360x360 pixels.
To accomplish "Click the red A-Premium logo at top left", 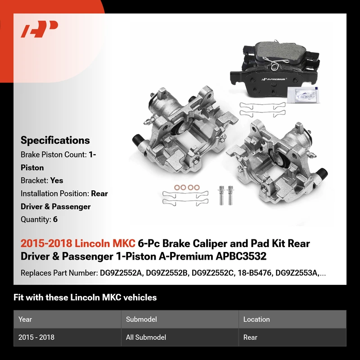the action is [x=39, y=29].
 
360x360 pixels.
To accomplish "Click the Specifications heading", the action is [x=55, y=140].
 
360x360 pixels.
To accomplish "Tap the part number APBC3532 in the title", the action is [x=241, y=256].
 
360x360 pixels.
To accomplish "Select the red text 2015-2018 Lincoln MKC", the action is [x=78, y=243].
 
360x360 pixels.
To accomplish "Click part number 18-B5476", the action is [x=254, y=273].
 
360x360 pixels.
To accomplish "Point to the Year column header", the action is [x=25, y=319].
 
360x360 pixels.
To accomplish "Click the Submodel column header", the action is [x=141, y=319].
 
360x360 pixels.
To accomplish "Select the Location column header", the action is [x=256, y=319].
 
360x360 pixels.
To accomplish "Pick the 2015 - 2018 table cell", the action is [x=36, y=337].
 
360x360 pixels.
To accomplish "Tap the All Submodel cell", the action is [x=146, y=337].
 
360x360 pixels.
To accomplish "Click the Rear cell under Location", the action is [x=250, y=337].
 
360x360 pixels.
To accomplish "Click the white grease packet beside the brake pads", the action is [x=303, y=94].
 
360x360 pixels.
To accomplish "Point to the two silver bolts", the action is [x=225, y=195].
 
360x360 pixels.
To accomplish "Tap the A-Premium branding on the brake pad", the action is [x=274, y=79].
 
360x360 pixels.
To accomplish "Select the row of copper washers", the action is [x=187, y=187].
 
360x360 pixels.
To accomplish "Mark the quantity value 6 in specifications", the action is [x=55, y=220].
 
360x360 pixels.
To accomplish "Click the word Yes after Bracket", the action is [x=57, y=180].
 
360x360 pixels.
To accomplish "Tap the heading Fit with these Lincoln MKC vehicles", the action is [x=85, y=297].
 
